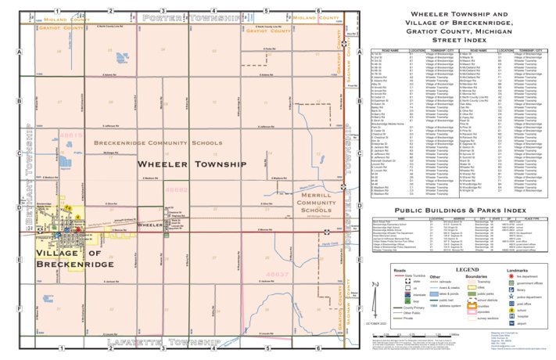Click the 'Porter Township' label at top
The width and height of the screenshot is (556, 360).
191,17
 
